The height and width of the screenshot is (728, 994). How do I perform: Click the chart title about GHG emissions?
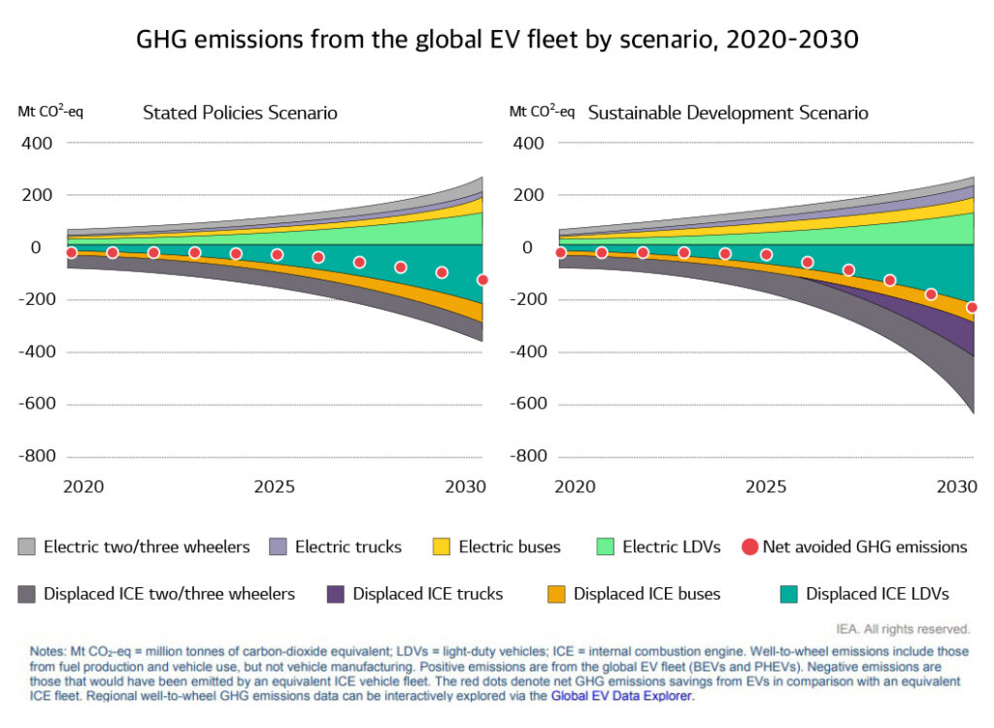497,42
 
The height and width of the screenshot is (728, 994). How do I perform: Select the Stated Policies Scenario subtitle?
240,113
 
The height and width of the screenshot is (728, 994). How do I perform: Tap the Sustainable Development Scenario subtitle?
728,113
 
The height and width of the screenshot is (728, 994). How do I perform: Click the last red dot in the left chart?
482,280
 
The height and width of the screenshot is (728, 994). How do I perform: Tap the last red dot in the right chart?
972,308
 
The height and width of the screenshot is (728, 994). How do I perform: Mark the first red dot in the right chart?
560,252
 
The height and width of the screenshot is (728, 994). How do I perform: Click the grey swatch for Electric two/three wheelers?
27,547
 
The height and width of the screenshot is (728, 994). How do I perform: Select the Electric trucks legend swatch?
279,547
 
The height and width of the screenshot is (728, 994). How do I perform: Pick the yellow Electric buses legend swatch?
442,547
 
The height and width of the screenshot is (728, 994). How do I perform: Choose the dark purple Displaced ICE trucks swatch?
336,593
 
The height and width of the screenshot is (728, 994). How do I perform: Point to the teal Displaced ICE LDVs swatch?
789,593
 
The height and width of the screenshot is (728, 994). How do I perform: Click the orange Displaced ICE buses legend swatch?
556,593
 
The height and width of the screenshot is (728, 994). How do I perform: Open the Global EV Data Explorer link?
621,696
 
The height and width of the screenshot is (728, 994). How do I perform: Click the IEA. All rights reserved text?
902,628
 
